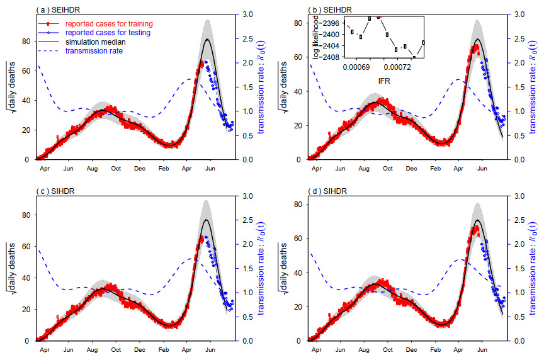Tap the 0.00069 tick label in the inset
click(x=357, y=66)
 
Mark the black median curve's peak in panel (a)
click(x=208, y=40)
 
